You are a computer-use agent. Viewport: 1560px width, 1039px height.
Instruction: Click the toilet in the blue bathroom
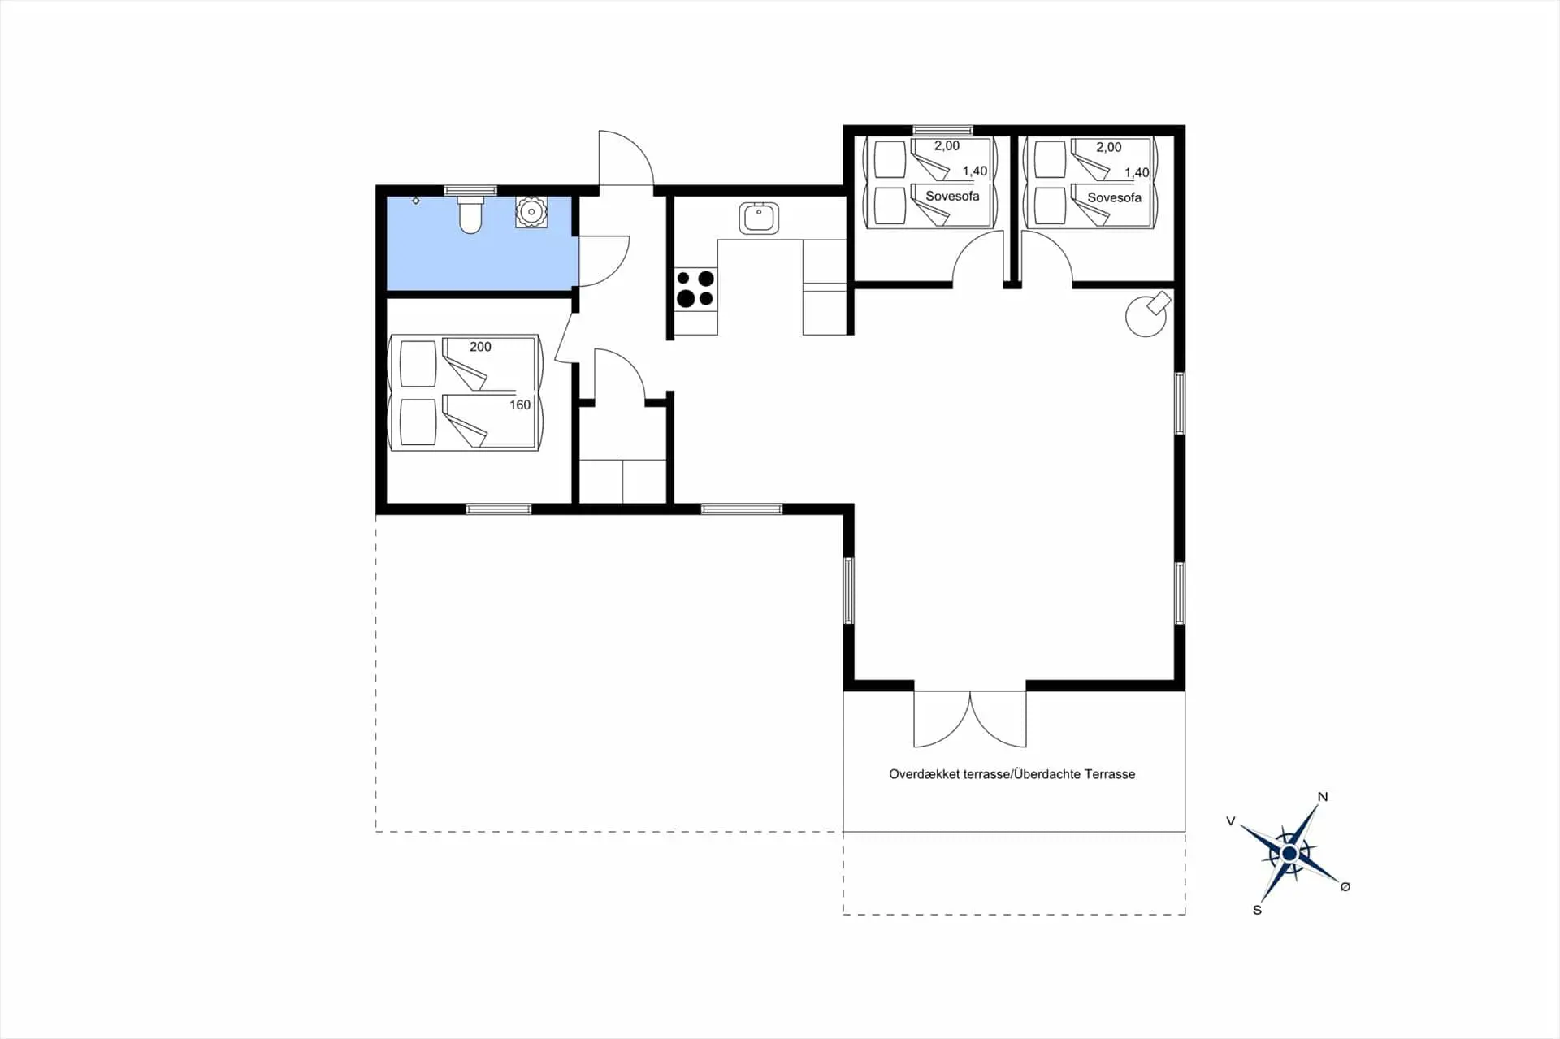470,214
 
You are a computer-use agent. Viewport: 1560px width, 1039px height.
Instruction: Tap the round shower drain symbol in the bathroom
531,212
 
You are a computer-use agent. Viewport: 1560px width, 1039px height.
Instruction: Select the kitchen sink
759,218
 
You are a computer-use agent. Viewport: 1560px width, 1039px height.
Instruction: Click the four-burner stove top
695,289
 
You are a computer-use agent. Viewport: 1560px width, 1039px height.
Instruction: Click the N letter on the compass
1323,797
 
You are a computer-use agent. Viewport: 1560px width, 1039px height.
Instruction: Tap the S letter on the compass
1257,910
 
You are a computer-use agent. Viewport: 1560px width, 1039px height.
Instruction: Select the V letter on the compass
1231,821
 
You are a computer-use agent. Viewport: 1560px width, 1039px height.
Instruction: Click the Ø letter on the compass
1345,886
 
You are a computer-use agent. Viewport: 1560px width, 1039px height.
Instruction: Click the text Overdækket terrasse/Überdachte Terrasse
1012,774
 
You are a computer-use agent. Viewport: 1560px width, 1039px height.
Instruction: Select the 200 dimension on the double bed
480,347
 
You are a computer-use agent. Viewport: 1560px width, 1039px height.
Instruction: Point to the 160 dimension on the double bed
520,405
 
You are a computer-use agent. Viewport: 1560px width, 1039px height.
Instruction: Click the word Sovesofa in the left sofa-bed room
952,196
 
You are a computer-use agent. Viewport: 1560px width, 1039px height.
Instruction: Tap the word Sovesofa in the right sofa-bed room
1114,197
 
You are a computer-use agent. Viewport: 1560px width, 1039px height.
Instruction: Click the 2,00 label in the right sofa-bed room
1108,147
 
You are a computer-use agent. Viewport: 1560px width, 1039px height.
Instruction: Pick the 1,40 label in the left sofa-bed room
975,171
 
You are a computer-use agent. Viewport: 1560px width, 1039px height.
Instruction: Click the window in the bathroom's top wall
470,191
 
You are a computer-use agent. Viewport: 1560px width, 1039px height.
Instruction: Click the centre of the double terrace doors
970,719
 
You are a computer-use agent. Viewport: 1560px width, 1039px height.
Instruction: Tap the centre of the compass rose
1289,854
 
